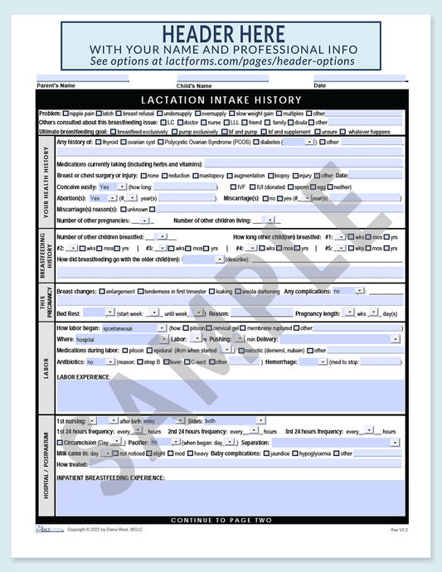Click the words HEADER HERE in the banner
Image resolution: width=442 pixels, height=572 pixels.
221,34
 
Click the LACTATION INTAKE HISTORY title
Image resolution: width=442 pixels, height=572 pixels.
221,99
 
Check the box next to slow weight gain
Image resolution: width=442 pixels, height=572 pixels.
232,113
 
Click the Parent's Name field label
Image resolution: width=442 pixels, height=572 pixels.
56,85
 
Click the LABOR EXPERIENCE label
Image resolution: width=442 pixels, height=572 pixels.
83,377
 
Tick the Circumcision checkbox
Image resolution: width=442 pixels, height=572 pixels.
61,443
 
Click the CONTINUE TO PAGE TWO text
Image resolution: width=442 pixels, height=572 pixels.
221,520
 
